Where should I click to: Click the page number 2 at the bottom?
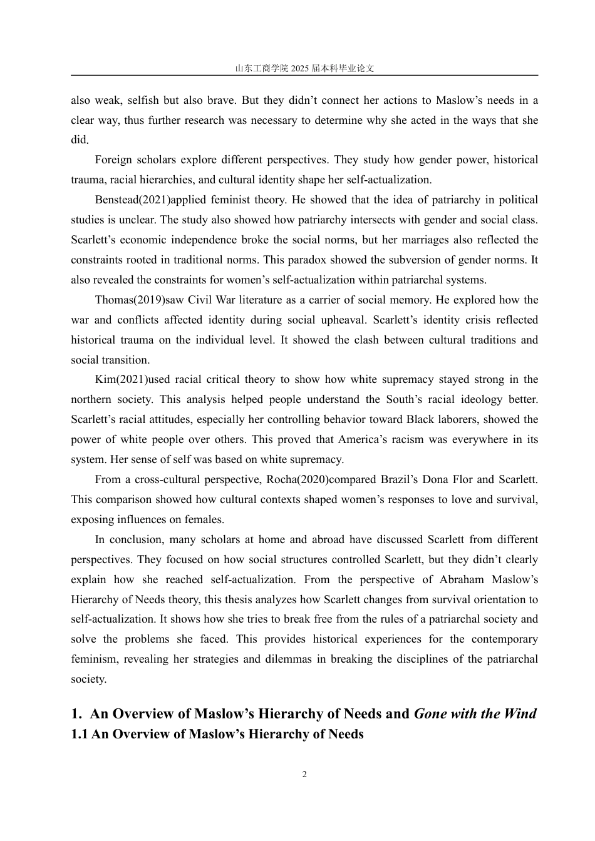[x=304, y=775]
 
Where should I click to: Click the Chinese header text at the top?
[x=304, y=69]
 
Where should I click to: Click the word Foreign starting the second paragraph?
[x=113, y=160]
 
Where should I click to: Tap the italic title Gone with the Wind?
[x=475, y=714]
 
